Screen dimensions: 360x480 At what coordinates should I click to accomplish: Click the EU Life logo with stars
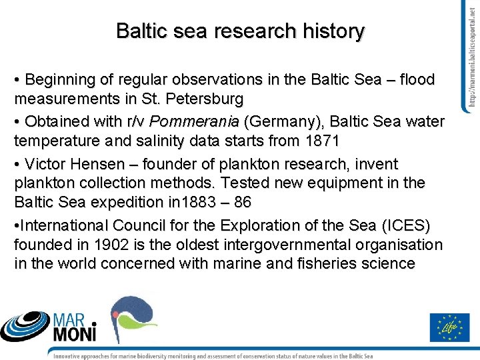click(x=450, y=327)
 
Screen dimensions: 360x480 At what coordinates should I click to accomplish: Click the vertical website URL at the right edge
click(x=470, y=57)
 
